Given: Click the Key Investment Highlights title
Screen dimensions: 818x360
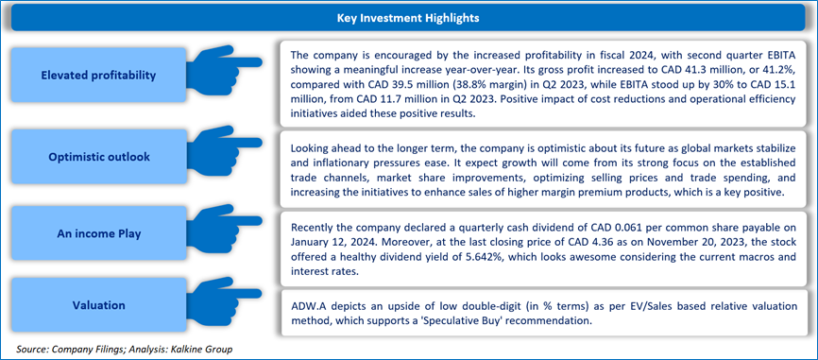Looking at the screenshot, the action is pos(408,18).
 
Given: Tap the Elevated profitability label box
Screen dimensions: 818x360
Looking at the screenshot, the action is pos(98,76).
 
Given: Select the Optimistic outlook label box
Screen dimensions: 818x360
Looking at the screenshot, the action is pos(98,156).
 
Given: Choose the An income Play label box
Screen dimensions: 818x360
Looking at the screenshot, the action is pos(98,234).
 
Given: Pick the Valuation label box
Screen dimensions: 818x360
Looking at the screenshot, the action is pos(98,305).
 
